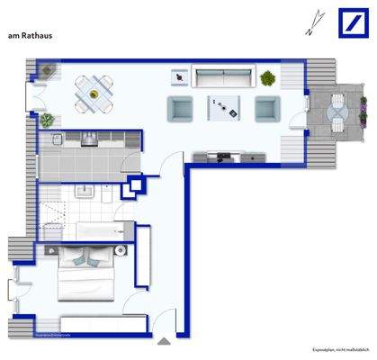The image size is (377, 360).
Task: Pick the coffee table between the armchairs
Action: coord(224,108)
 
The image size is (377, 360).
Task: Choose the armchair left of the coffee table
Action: coord(180,109)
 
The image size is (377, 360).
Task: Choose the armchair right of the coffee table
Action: coord(266,109)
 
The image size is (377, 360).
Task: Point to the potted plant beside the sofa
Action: coord(267,78)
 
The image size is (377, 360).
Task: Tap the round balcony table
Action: coord(337,111)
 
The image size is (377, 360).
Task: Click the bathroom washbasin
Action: coord(87,191)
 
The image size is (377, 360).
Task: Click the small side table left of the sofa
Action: coord(183,77)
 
